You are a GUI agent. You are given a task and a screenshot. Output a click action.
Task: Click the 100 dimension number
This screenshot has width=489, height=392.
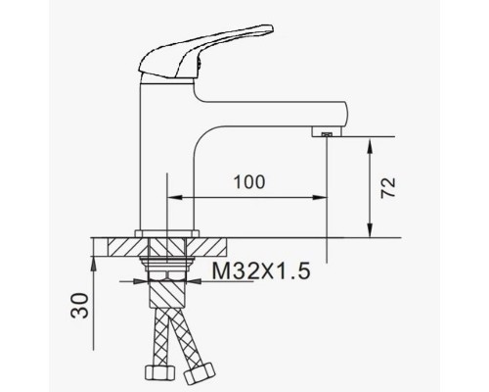pos(249,182)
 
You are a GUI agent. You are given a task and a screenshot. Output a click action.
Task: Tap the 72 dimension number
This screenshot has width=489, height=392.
pos(388,187)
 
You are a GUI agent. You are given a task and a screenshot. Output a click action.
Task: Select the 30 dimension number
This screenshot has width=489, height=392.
pos(80,306)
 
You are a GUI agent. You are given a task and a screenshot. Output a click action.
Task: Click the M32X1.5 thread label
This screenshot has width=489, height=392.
pos(261,271)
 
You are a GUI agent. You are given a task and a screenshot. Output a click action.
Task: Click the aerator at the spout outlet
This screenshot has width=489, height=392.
pos(327,132)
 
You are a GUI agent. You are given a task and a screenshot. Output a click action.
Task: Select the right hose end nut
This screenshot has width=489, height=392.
pos(200,372)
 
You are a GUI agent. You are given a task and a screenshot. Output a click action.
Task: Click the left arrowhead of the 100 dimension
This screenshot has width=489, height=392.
pos(174,197)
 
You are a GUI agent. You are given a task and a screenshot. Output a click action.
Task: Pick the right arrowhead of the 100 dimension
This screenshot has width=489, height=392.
pos(320,197)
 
